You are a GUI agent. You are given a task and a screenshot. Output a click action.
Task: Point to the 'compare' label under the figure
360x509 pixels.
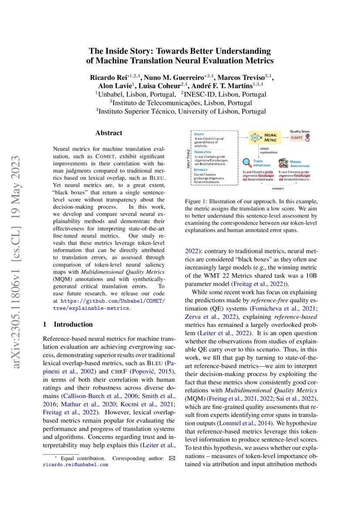click(278, 189)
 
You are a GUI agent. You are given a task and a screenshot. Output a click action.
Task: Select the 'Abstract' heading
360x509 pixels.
click(109, 133)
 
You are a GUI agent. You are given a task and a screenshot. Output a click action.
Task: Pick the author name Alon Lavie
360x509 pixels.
click(113, 85)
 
